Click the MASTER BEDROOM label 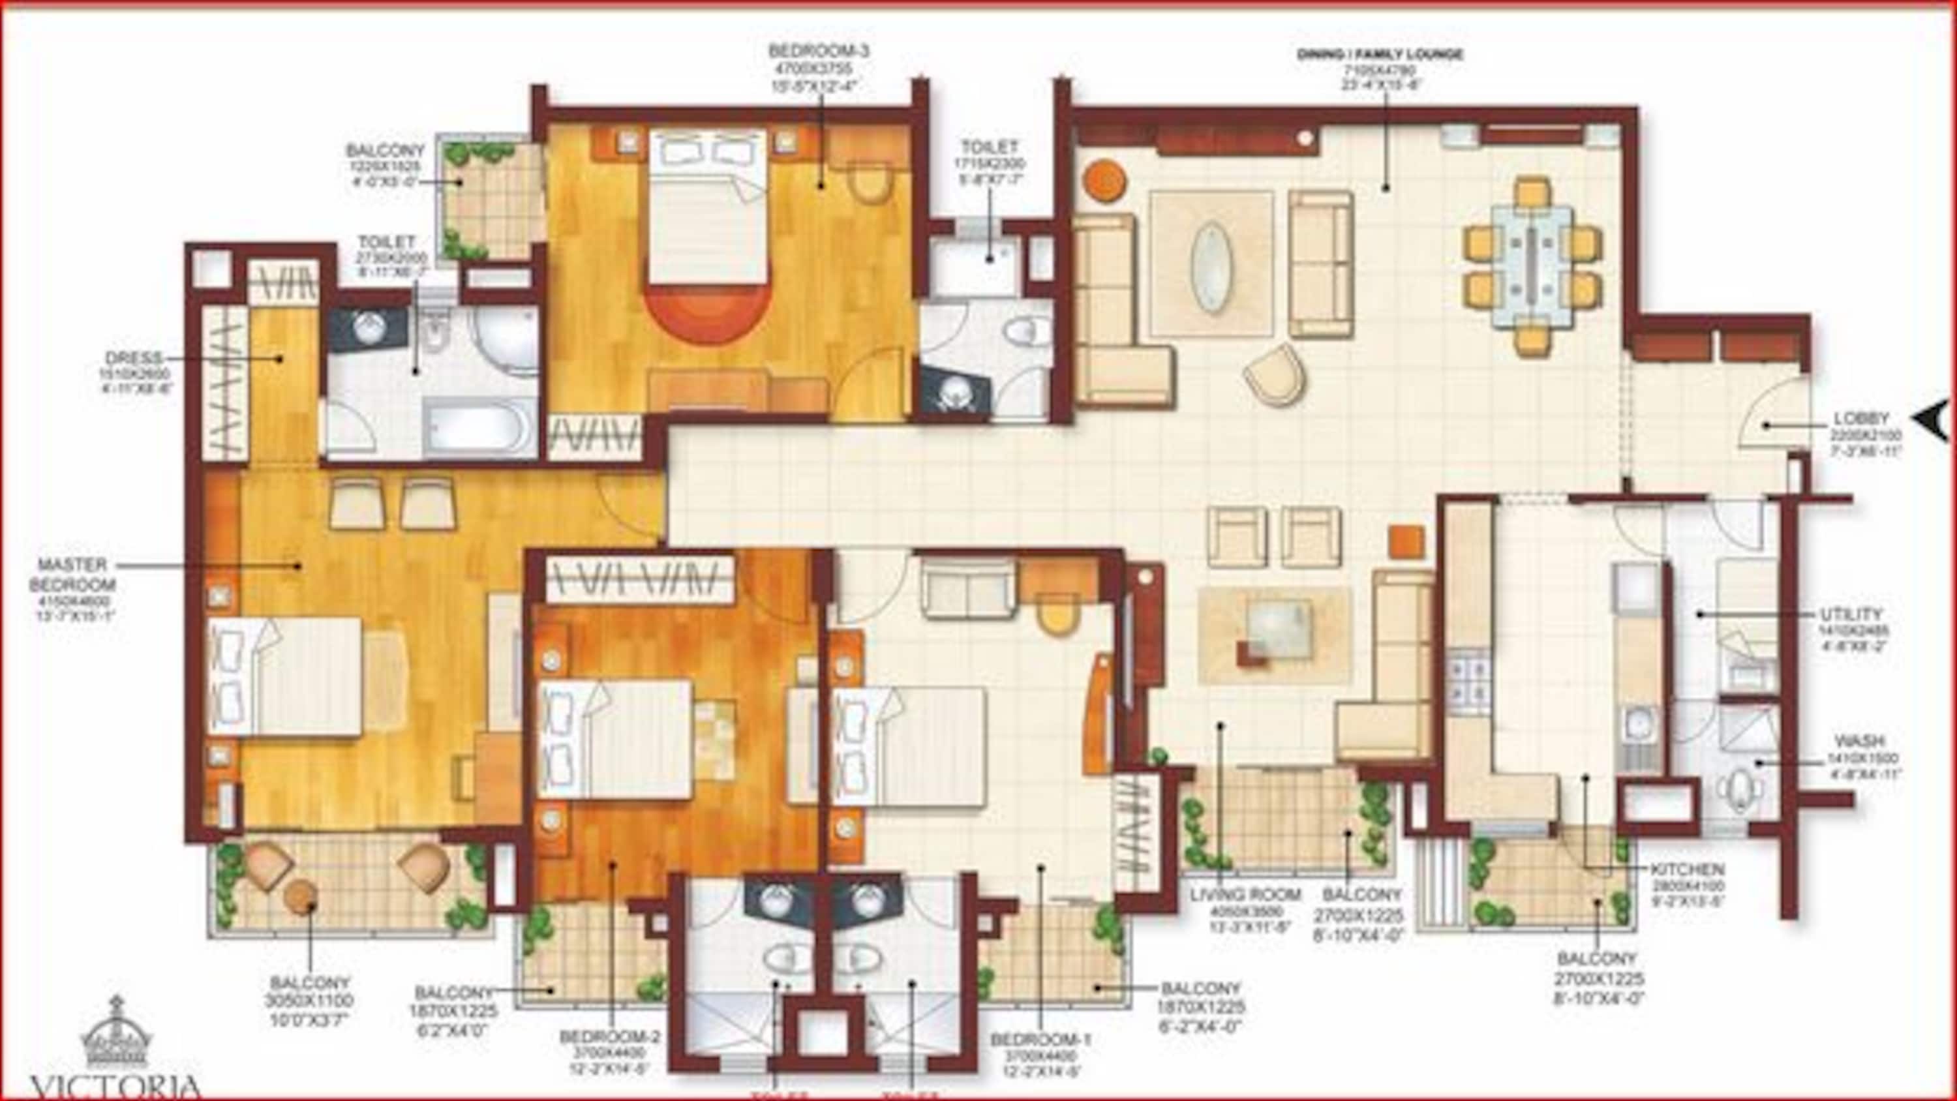tap(72, 575)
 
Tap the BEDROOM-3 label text tap(818, 52)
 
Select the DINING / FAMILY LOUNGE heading tap(1380, 55)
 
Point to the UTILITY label tap(1851, 614)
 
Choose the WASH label tap(1858, 741)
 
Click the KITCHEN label tap(1686, 869)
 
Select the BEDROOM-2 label tap(610, 1037)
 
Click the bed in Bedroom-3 tap(706, 205)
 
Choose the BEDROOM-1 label tap(1040, 1038)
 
